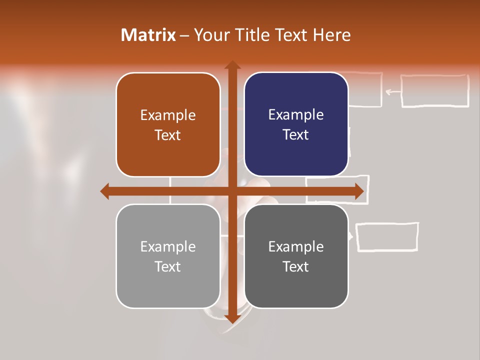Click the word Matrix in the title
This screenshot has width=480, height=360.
click(x=148, y=35)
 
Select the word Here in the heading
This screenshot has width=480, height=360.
click(x=332, y=35)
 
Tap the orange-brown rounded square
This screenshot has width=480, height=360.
click(x=168, y=124)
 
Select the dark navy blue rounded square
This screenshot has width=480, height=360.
click(x=296, y=124)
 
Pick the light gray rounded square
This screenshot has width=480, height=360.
click(x=168, y=256)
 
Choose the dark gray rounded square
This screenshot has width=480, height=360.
click(x=296, y=256)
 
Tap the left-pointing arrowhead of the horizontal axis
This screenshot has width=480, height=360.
click(x=105, y=191)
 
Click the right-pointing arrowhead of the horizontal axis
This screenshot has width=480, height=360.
click(x=359, y=191)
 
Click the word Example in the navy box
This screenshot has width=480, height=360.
click(x=296, y=114)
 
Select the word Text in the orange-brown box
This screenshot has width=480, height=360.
click(x=168, y=135)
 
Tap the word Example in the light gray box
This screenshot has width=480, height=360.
click(x=168, y=246)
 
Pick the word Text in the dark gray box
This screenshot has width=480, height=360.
click(x=296, y=266)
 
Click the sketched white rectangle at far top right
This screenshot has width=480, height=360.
click(x=434, y=91)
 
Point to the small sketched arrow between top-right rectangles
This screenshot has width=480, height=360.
click(x=392, y=91)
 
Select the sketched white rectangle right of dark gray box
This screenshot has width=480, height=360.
click(x=387, y=236)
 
